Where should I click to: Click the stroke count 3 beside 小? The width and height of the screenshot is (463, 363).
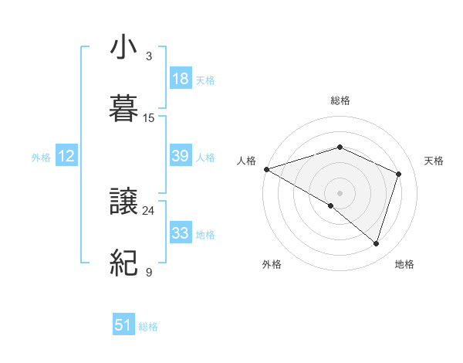point(149,56)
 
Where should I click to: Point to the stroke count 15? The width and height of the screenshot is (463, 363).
point(149,118)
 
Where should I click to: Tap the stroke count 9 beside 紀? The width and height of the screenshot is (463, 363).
point(149,273)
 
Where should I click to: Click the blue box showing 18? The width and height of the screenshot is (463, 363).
point(180,78)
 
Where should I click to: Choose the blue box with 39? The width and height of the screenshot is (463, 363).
point(180,156)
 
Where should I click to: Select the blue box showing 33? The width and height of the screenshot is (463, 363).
point(180,232)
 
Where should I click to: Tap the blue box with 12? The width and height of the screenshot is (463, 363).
point(66,156)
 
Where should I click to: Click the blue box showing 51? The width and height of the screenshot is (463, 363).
point(123,325)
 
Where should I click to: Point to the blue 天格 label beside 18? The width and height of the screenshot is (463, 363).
point(205,80)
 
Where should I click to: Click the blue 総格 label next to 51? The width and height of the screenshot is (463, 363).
point(148,327)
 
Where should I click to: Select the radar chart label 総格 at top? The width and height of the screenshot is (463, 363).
point(340,100)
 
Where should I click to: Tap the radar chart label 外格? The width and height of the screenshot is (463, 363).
point(272,264)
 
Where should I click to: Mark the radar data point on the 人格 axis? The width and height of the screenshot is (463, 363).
point(266,169)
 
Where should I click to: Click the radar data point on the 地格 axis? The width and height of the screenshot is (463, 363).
point(377,244)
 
